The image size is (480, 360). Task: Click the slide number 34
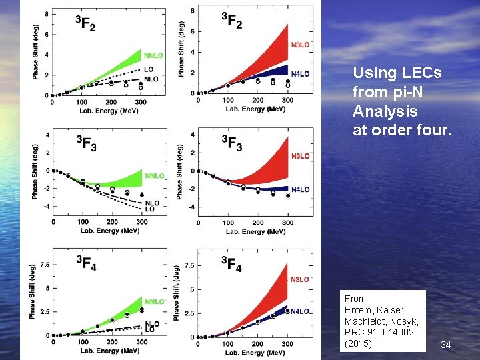pos(446,345)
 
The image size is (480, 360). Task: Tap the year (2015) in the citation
pos(358,343)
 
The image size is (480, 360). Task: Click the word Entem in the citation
pos(357,310)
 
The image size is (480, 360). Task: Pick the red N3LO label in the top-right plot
pos(300,45)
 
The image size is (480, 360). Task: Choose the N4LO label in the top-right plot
pos(300,73)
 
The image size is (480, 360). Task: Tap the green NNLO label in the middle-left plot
pos(154,176)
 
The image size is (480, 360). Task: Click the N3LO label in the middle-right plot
pos(300,156)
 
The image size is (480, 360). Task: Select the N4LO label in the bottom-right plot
pos(300,311)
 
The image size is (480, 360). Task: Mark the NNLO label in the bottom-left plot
pos(155,302)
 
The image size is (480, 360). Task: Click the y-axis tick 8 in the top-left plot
pos(45,14)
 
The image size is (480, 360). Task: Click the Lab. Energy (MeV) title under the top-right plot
pos(255,108)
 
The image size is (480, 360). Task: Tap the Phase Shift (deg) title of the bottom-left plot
pos(33,291)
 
